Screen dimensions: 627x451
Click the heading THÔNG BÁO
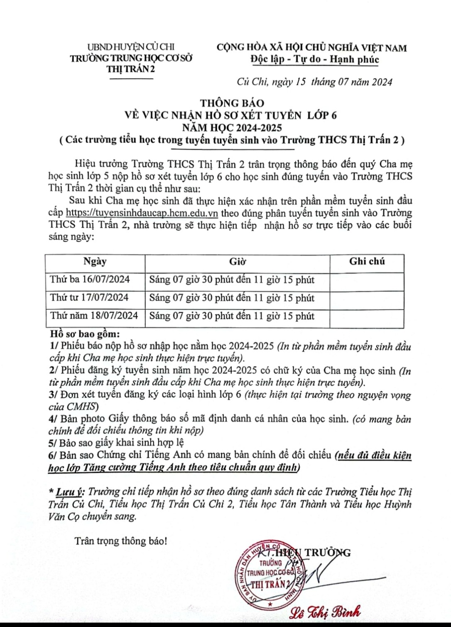(x=232, y=103)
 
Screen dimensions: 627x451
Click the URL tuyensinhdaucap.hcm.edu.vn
(x=142, y=213)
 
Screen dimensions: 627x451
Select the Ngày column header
(x=95, y=262)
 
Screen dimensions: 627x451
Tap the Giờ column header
(x=237, y=262)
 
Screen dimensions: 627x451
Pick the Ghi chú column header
(x=367, y=262)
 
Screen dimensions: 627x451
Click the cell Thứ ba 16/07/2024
(x=90, y=279)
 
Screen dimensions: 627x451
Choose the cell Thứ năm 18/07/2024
(x=94, y=316)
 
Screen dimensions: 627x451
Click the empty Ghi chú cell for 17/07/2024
(x=367, y=298)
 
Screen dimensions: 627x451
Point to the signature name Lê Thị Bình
(x=326, y=611)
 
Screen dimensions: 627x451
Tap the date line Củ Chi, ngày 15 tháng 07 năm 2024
(x=314, y=82)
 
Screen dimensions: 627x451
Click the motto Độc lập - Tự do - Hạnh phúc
(x=314, y=59)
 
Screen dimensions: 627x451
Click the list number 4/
(x=53, y=419)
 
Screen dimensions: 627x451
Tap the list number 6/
(x=53, y=455)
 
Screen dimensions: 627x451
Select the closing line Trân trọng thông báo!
(x=121, y=541)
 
